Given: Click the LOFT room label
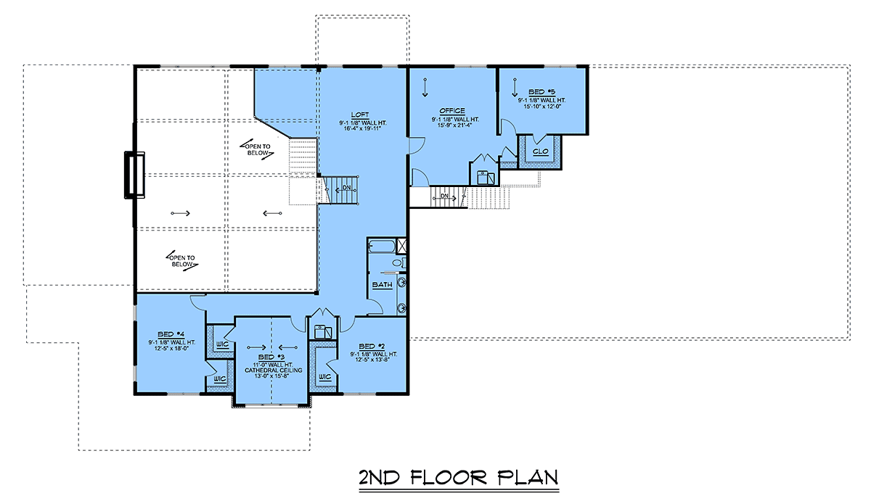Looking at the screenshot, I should click(359, 115).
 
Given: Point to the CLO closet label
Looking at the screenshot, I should click(540, 152).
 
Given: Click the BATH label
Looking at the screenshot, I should click(382, 285).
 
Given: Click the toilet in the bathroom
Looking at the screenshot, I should click(398, 262).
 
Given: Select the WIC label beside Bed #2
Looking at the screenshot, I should click(324, 377).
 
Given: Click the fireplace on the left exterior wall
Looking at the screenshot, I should click(134, 173).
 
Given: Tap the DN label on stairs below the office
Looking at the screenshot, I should click(444, 196).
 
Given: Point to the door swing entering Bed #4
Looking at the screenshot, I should click(197, 301).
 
